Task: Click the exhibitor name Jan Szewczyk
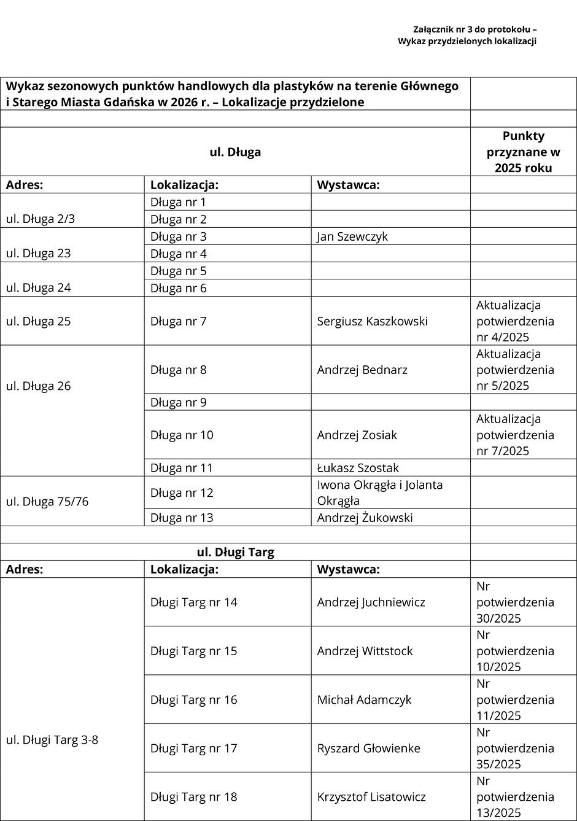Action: tap(352, 236)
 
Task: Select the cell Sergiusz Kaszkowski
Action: tap(372, 321)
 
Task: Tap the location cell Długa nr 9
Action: tap(178, 403)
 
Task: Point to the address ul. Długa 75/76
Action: tap(47, 501)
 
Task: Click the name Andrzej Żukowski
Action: tap(365, 518)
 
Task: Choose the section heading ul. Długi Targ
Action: tap(235, 552)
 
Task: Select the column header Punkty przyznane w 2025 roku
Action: tap(523, 152)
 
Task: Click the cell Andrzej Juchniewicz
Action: tap(371, 602)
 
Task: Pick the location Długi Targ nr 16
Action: tap(193, 699)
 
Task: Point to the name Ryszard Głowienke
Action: tap(368, 748)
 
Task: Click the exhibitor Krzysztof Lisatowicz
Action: tap(371, 796)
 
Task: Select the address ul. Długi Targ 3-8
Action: tap(52, 740)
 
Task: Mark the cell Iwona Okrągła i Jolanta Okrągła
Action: tap(379, 492)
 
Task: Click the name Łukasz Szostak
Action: tap(358, 468)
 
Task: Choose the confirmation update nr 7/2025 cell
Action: tap(515, 435)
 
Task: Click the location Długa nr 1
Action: tap(178, 202)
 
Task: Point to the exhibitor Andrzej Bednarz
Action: tap(362, 370)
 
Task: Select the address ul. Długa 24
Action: tap(38, 287)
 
